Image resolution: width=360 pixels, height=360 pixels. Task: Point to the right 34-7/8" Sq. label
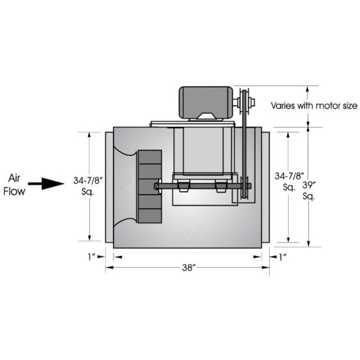[286, 182]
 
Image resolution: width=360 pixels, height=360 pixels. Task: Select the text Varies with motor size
[314, 106]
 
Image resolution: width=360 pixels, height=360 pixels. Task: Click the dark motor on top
[204, 101]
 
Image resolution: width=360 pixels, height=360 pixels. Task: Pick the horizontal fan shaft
[201, 185]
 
